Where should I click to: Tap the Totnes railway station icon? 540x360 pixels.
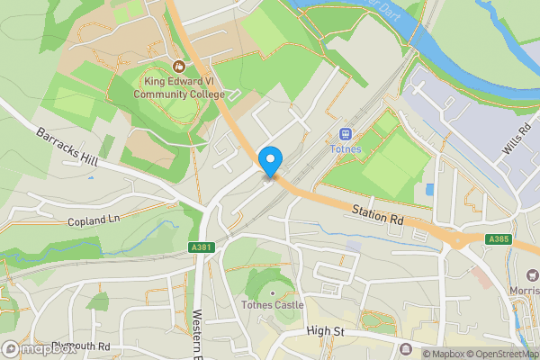(x=345, y=135)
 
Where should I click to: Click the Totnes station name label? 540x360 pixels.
(x=345, y=149)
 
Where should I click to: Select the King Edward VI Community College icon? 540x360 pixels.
(x=178, y=66)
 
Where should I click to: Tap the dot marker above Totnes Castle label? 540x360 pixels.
(x=271, y=293)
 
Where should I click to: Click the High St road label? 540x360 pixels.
(x=325, y=332)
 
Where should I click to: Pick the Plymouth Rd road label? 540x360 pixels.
(x=80, y=346)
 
